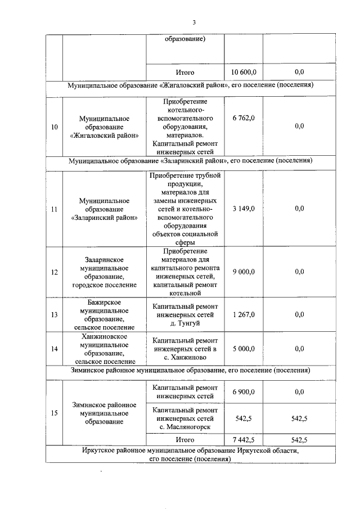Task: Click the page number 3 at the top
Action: tap(194, 22)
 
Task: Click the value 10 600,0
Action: tap(244, 73)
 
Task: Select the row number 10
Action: tap(54, 127)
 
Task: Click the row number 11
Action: tap(54, 209)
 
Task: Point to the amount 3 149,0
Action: tap(244, 209)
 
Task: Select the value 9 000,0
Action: tap(244, 272)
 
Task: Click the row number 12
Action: tap(54, 272)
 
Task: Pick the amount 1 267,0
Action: tap(244, 314)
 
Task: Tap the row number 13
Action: tap(54, 314)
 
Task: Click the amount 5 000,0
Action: tap(244, 349)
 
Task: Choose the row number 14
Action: tap(54, 349)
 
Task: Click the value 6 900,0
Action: tap(244, 391)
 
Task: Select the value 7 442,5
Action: tap(244, 440)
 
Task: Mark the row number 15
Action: tap(54, 413)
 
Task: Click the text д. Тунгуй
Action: tap(185, 323)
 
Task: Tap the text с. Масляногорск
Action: tap(185, 427)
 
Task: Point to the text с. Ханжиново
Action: tap(185, 357)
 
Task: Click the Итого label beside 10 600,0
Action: tap(185, 73)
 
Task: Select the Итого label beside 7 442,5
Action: tap(185, 440)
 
